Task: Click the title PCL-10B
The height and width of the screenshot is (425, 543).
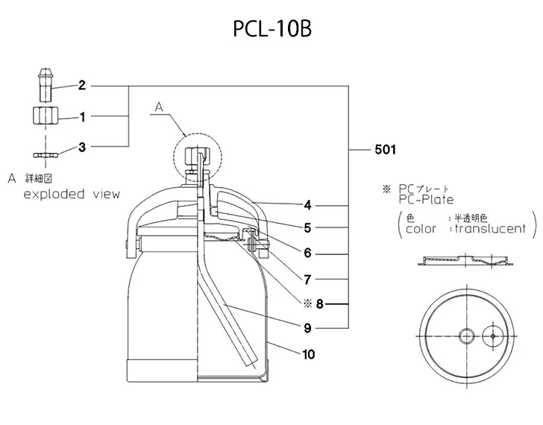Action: coord(271,31)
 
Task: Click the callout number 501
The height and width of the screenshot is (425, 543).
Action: coord(384,149)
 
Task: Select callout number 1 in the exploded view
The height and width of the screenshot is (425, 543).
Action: coord(83,116)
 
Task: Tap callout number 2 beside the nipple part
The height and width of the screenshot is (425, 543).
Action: coord(83,86)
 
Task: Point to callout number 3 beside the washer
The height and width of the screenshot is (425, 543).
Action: coord(83,147)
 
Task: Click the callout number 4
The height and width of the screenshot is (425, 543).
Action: coord(307,204)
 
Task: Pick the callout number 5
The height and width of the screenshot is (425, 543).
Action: coord(307,227)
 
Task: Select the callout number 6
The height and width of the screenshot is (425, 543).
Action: coord(307,253)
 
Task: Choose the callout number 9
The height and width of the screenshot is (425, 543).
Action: coord(307,327)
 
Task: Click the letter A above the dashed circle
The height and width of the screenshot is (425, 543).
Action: coord(158,108)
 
